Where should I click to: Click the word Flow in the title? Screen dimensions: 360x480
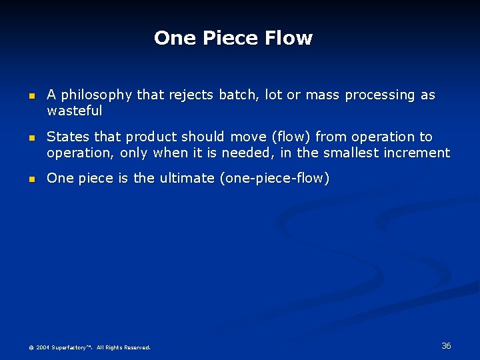[x=288, y=38]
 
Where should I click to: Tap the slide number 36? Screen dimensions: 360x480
[x=446, y=345]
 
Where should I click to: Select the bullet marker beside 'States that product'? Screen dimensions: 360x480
[x=31, y=138]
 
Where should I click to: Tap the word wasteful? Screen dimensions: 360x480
[x=74, y=111]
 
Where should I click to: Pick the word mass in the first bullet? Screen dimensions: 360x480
[x=323, y=95]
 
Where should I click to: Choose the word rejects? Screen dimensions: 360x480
[x=192, y=95]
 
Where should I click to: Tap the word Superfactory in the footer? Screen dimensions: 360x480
[x=71, y=347]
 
